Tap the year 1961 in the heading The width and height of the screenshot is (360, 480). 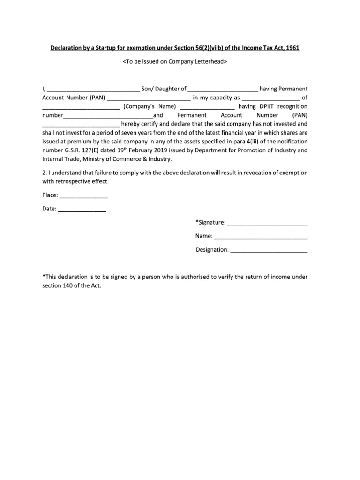click(x=298, y=49)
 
